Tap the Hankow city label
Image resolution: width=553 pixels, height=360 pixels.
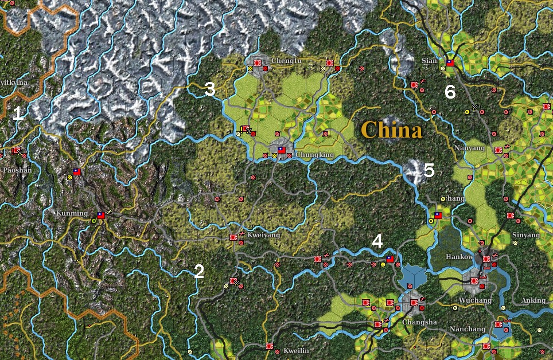tap(459, 257)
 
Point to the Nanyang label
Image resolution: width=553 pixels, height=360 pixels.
tap(469, 148)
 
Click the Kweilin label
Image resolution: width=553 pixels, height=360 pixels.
tap(297, 350)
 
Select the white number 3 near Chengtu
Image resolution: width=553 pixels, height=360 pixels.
tap(210, 89)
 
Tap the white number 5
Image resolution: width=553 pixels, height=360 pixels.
tap(429, 170)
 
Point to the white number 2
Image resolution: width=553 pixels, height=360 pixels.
tap(199, 272)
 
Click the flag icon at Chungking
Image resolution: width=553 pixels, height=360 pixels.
tap(281, 150)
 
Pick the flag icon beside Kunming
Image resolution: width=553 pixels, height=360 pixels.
tap(101, 216)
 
